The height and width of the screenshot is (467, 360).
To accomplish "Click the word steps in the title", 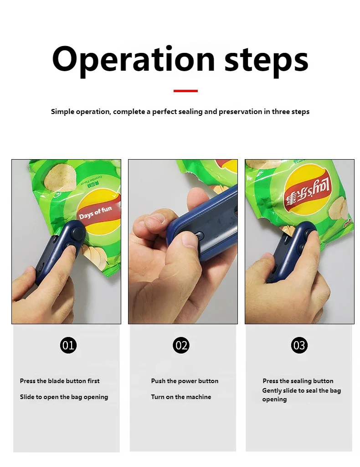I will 266,59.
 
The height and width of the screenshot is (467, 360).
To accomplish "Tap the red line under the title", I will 185,91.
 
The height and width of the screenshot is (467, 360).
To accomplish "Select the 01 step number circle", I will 68,345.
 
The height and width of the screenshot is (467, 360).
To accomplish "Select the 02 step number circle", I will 181,345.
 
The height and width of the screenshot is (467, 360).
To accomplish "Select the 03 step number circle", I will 299,345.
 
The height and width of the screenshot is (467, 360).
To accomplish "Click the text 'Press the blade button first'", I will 60,381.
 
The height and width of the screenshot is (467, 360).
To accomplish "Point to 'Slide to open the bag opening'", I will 64,397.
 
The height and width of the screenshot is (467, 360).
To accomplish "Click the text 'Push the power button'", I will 185,381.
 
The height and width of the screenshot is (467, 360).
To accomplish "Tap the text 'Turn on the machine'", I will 181,397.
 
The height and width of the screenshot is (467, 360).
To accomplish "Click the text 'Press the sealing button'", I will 298,381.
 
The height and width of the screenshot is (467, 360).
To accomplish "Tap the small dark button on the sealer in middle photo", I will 200,235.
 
